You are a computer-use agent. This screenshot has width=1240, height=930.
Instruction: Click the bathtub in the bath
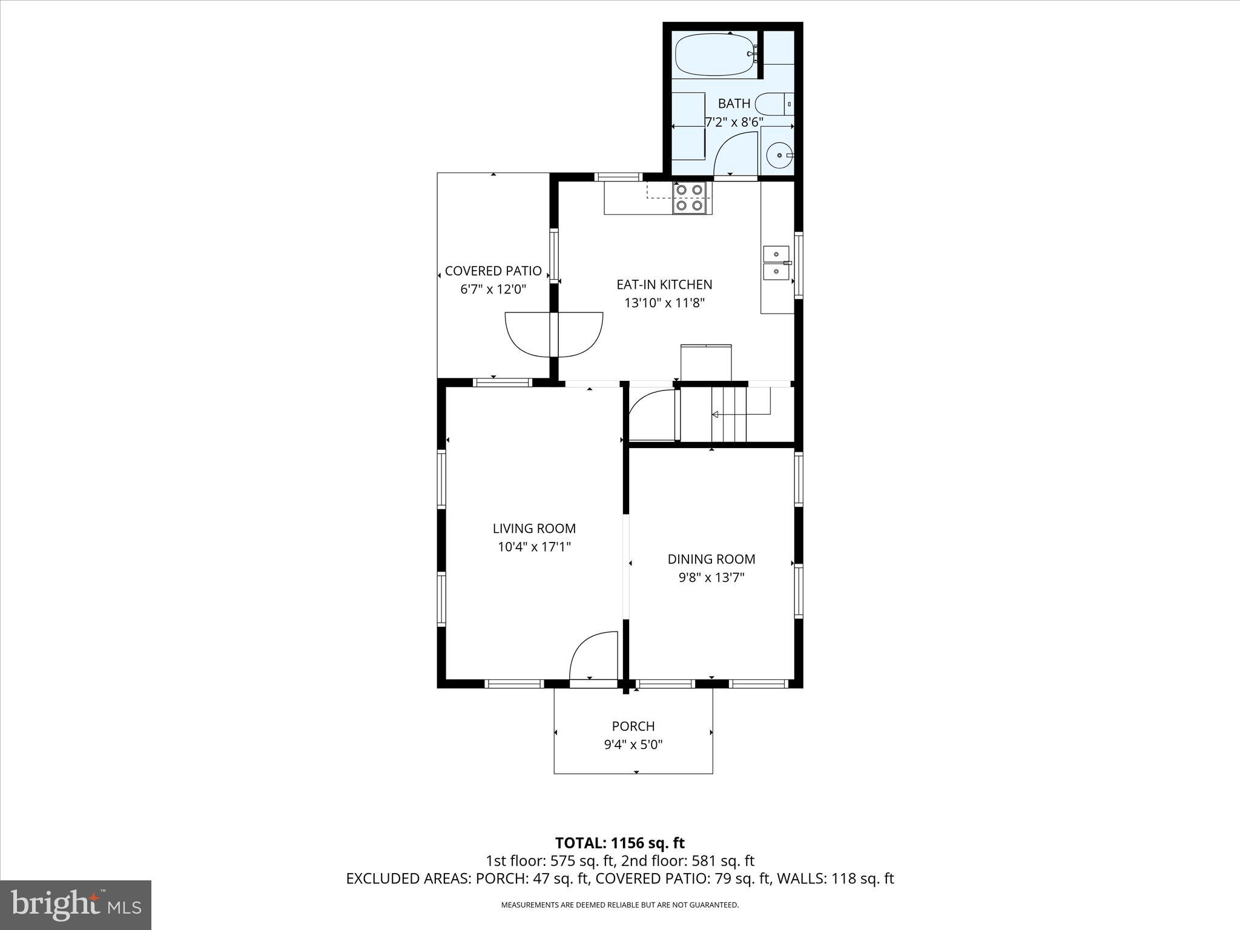tap(715, 54)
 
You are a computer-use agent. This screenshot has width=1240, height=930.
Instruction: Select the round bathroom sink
tap(779, 156)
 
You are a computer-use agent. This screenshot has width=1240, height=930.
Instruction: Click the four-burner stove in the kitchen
tap(690, 197)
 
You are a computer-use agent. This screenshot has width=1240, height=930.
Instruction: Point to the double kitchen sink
tap(776, 263)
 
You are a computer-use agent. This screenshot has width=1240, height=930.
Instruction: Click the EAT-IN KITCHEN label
tap(664, 285)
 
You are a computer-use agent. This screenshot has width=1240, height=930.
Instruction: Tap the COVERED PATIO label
tap(493, 271)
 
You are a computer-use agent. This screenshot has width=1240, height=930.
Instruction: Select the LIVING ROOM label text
tap(534, 529)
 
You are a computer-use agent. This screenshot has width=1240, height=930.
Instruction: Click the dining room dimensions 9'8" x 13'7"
tap(711, 578)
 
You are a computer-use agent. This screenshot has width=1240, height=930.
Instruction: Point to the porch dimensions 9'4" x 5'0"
tap(633, 745)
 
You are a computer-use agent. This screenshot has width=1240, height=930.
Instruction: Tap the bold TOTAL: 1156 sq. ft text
tap(619, 843)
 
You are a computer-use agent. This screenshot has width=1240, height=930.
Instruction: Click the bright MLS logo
tap(76, 905)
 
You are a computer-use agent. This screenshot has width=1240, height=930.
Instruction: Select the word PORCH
tap(633, 726)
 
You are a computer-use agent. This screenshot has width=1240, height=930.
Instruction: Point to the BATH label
tap(734, 104)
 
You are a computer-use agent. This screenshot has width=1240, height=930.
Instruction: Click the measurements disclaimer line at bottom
tap(619, 905)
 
